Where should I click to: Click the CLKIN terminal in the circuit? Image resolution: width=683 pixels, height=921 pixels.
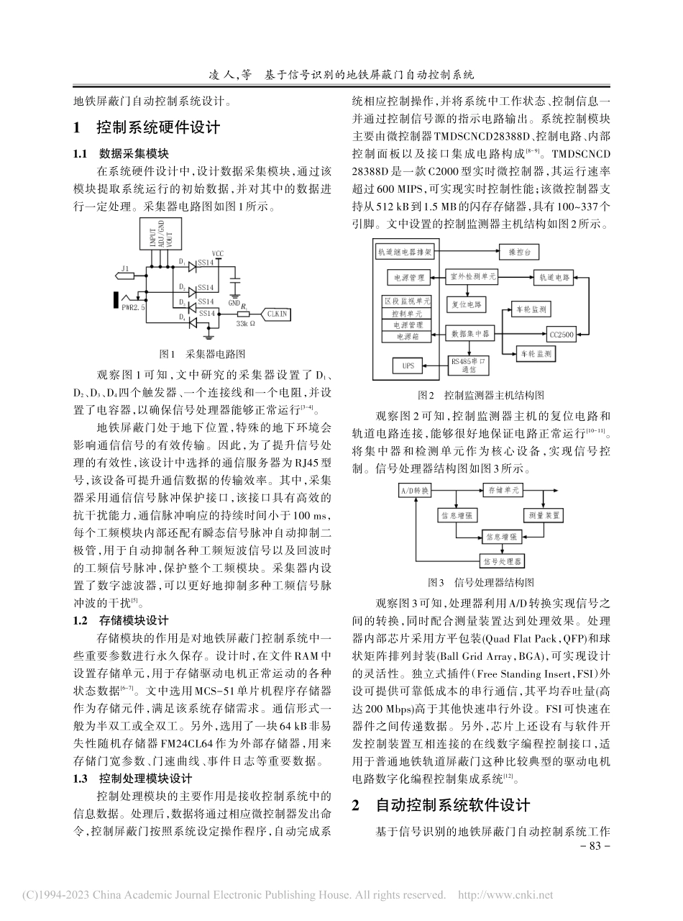click(277, 314)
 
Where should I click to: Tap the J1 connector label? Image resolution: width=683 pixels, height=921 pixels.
click(125, 270)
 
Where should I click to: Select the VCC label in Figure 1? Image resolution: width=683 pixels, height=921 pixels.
click(218, 254)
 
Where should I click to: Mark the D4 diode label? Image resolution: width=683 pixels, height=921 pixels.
click(182, 316)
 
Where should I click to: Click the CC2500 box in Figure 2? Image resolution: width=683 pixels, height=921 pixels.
click(562, 335)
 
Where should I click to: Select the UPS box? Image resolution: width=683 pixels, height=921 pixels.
click(409, 366)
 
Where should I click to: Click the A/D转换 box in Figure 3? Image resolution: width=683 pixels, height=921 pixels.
click(416, 490)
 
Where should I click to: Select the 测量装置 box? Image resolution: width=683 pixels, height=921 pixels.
click(543, 515)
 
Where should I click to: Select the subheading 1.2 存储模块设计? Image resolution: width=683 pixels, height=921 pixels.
click(121, 620)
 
